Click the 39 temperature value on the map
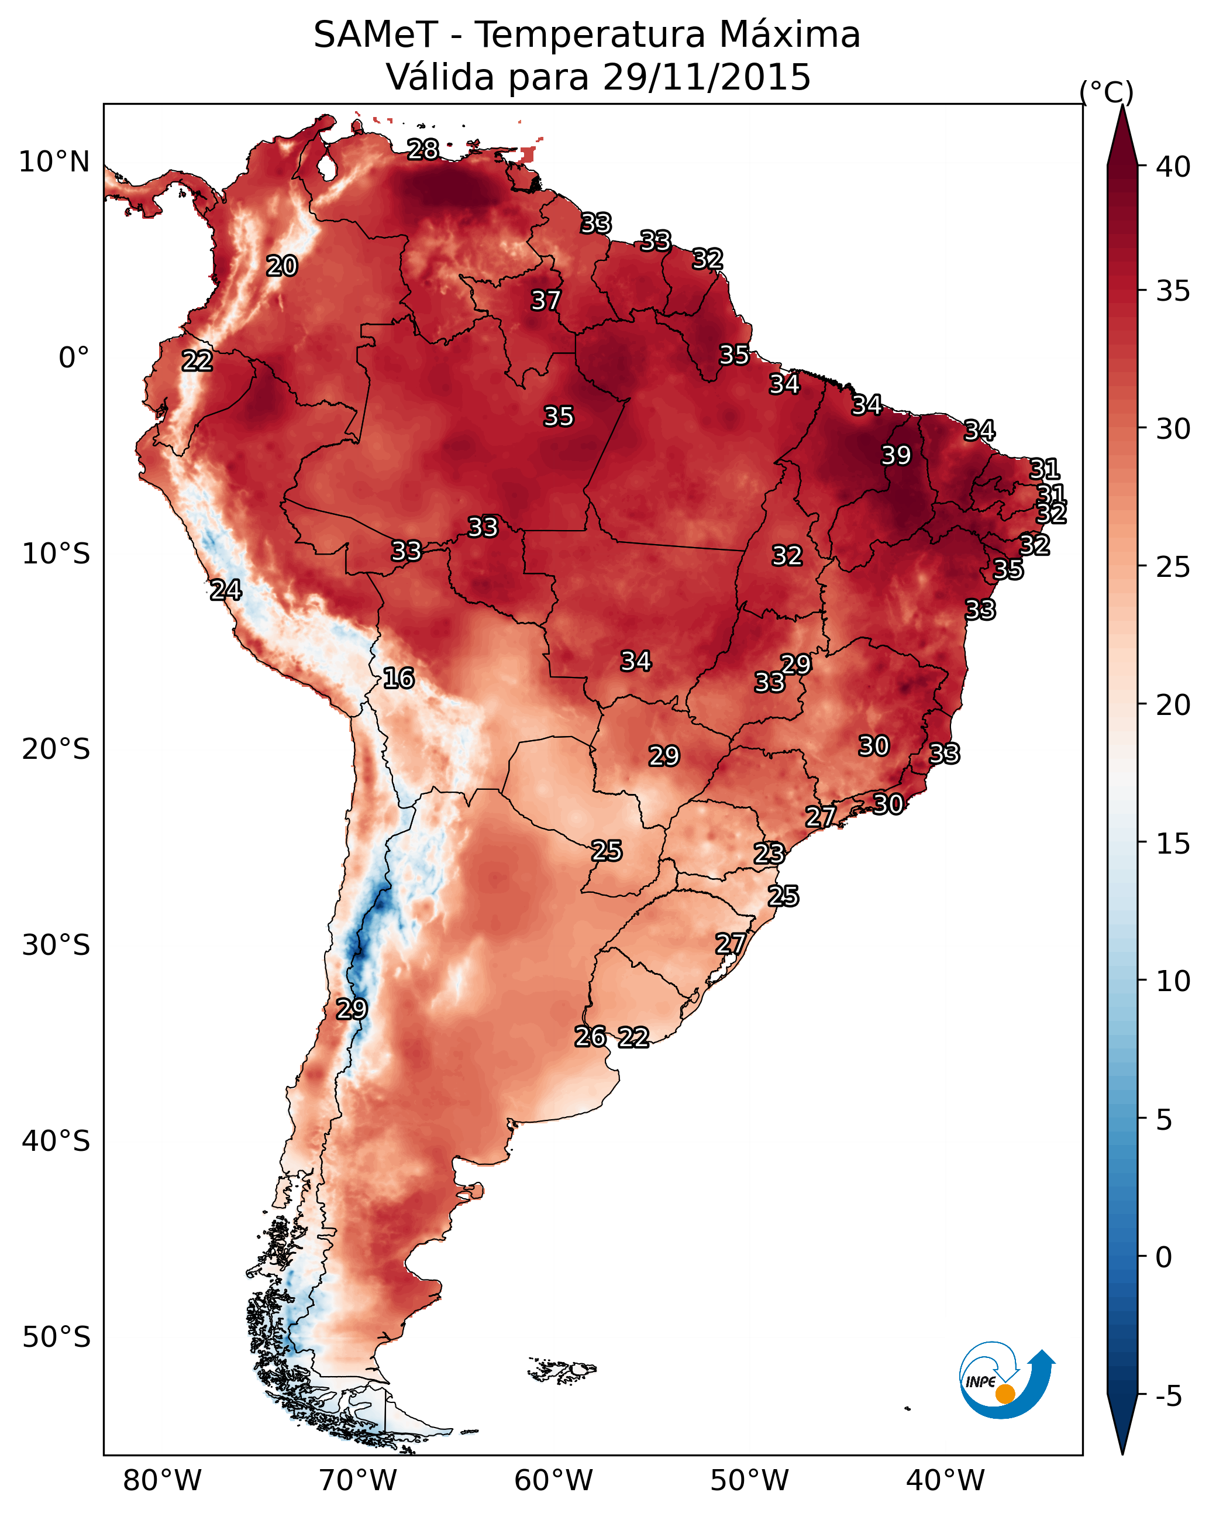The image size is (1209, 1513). click(896, 455)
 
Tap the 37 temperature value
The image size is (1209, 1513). click(545, 300)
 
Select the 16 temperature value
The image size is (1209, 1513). click(398, 678)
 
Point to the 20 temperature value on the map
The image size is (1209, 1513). click(282, 266)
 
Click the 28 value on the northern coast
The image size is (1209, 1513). click(423, 149)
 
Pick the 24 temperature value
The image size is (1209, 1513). click(226, 590)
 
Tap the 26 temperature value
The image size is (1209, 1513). click(590, 1037)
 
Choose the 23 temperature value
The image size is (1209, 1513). click(769, 854)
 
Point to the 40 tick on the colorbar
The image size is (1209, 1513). click(1173, 167)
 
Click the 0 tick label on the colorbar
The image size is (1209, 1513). click(1164, 1257)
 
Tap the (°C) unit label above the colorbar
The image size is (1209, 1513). click(1107, 92)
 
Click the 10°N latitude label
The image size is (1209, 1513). click(54, 162)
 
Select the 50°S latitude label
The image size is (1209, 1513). click(56, 1337)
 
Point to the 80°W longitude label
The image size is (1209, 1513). click(162, 1480)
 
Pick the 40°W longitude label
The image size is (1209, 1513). click(945, 1480)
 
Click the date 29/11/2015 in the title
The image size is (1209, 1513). click(707, 77)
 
